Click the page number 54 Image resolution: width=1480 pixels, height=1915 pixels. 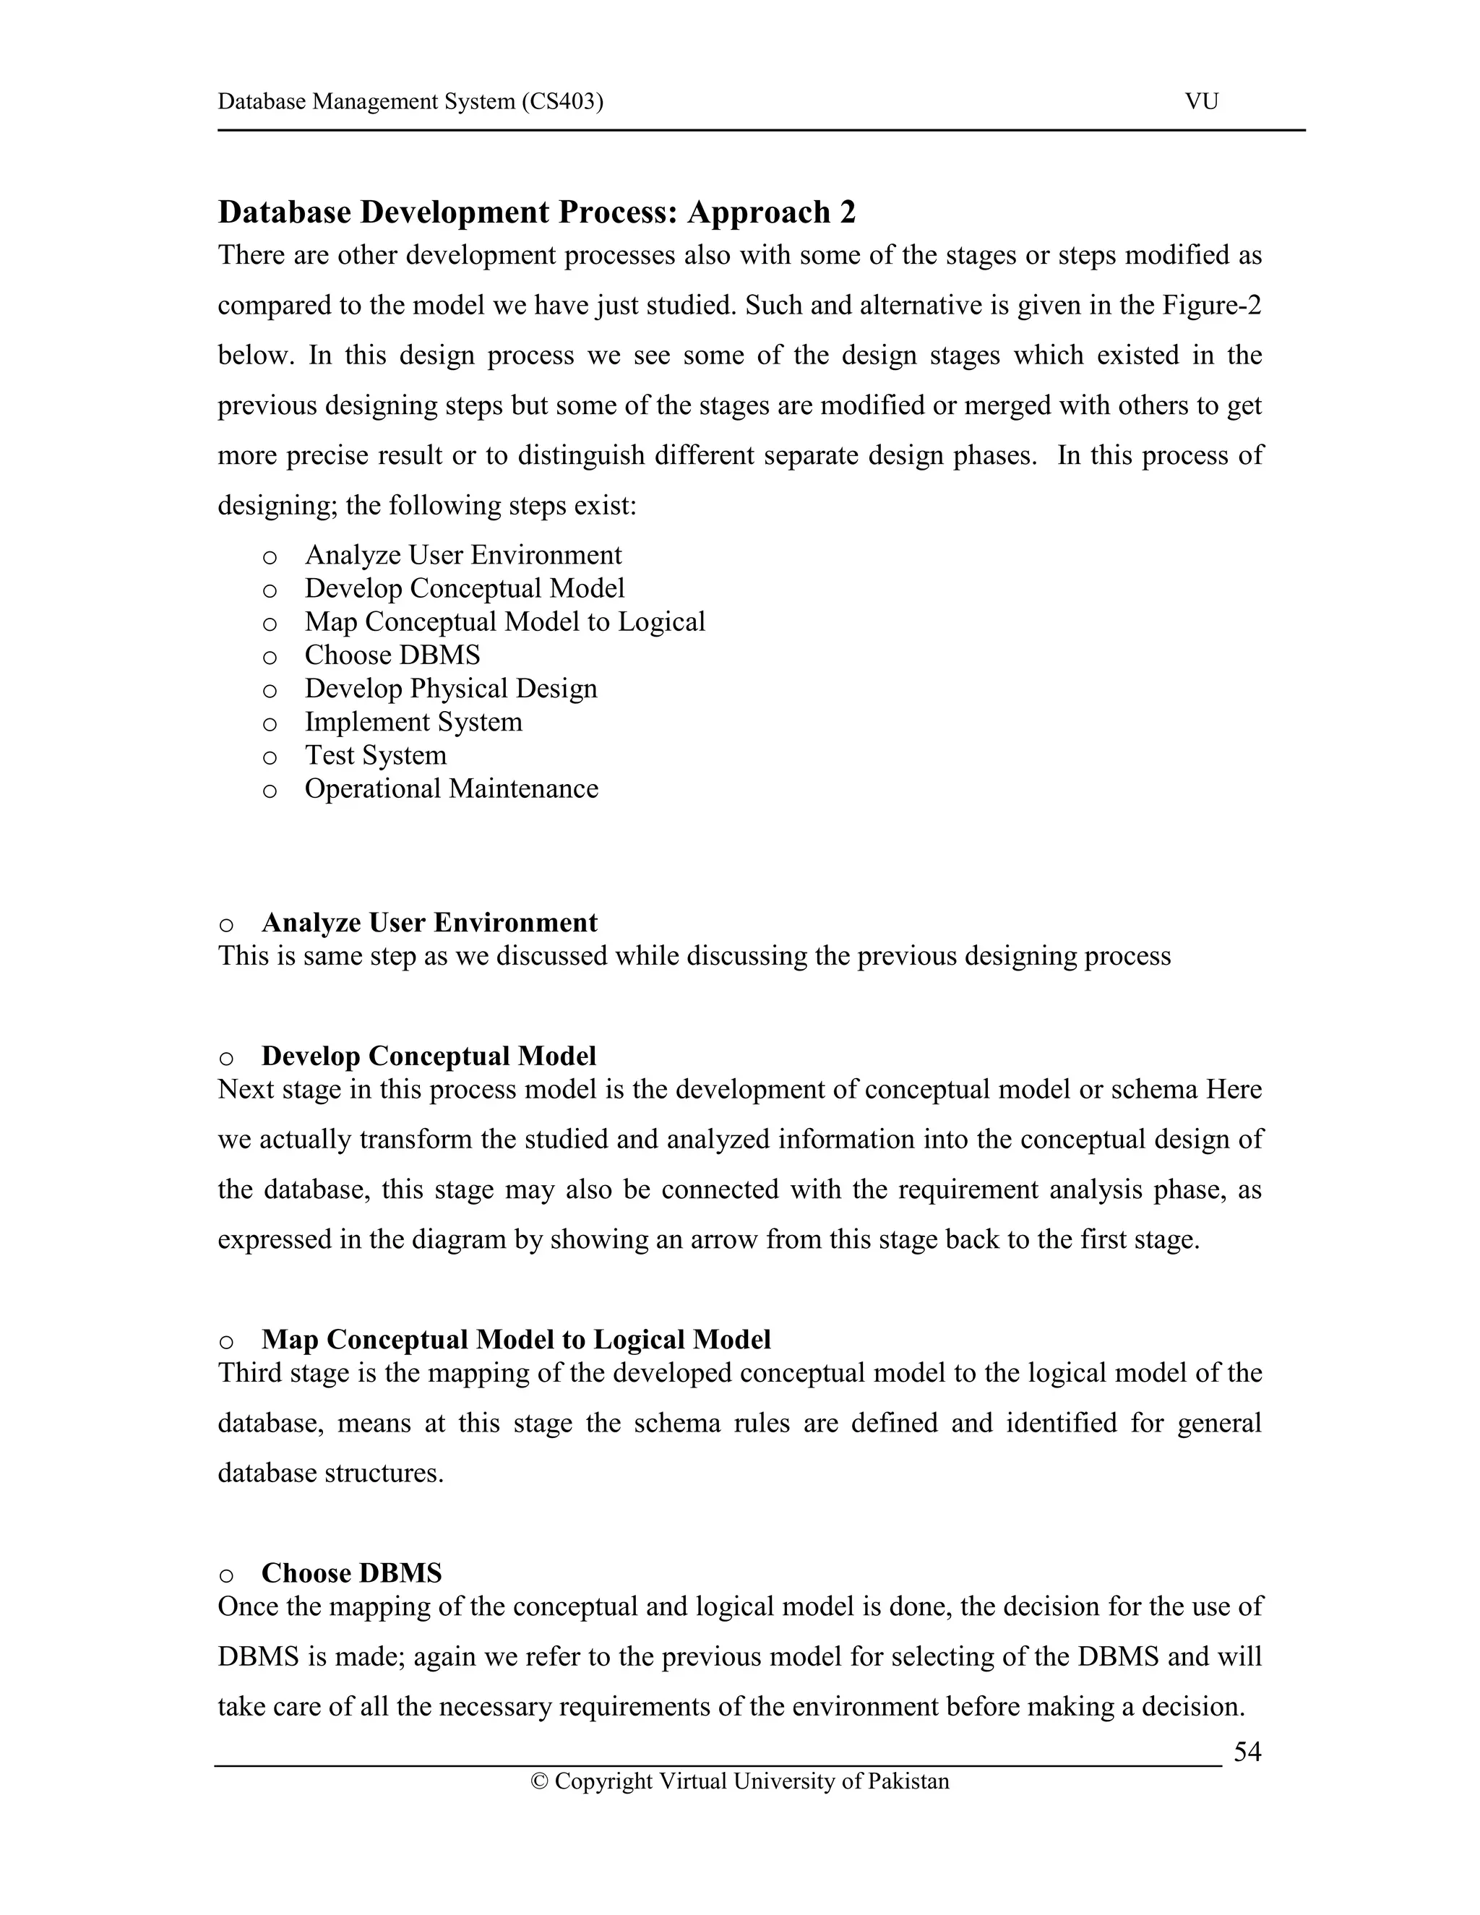point(1247,1751)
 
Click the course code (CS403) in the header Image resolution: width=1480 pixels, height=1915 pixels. point(562,102)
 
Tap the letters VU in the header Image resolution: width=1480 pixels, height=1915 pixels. point(1201,102)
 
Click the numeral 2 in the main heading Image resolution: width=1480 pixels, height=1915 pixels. point(846,212)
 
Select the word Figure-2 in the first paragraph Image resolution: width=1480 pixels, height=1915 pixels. point(1211,305)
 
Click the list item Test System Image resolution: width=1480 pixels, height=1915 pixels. point(375,755)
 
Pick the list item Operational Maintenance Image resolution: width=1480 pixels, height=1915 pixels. point(451,788)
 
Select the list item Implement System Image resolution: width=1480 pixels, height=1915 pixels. point(413,722)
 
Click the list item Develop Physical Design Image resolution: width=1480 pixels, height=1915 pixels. point(451,688)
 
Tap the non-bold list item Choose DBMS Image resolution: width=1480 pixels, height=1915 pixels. point(392,655)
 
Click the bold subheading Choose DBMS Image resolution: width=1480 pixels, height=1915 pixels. point(352,1573)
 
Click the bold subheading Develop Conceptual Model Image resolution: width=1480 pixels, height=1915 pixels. point(428,1056)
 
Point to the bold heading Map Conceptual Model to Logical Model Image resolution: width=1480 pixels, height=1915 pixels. point(515,1340)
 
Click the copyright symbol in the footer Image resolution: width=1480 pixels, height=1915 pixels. point(539,1782)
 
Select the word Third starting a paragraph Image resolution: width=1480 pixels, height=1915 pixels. point(246,1373)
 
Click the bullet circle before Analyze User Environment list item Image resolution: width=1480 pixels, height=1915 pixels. point(270,556)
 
